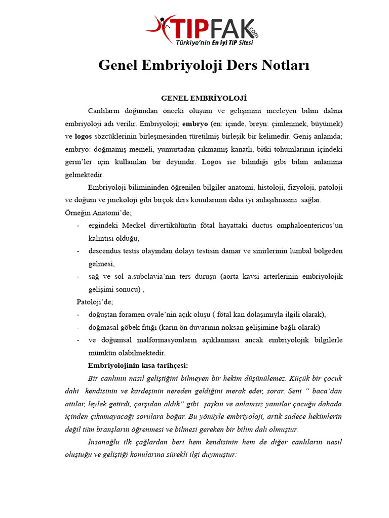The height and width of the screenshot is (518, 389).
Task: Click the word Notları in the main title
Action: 283,66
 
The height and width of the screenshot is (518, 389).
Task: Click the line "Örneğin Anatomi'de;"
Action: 98,213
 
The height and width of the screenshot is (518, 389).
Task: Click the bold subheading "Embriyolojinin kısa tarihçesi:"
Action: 138,365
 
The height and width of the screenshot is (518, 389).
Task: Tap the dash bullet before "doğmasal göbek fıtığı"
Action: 78,327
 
